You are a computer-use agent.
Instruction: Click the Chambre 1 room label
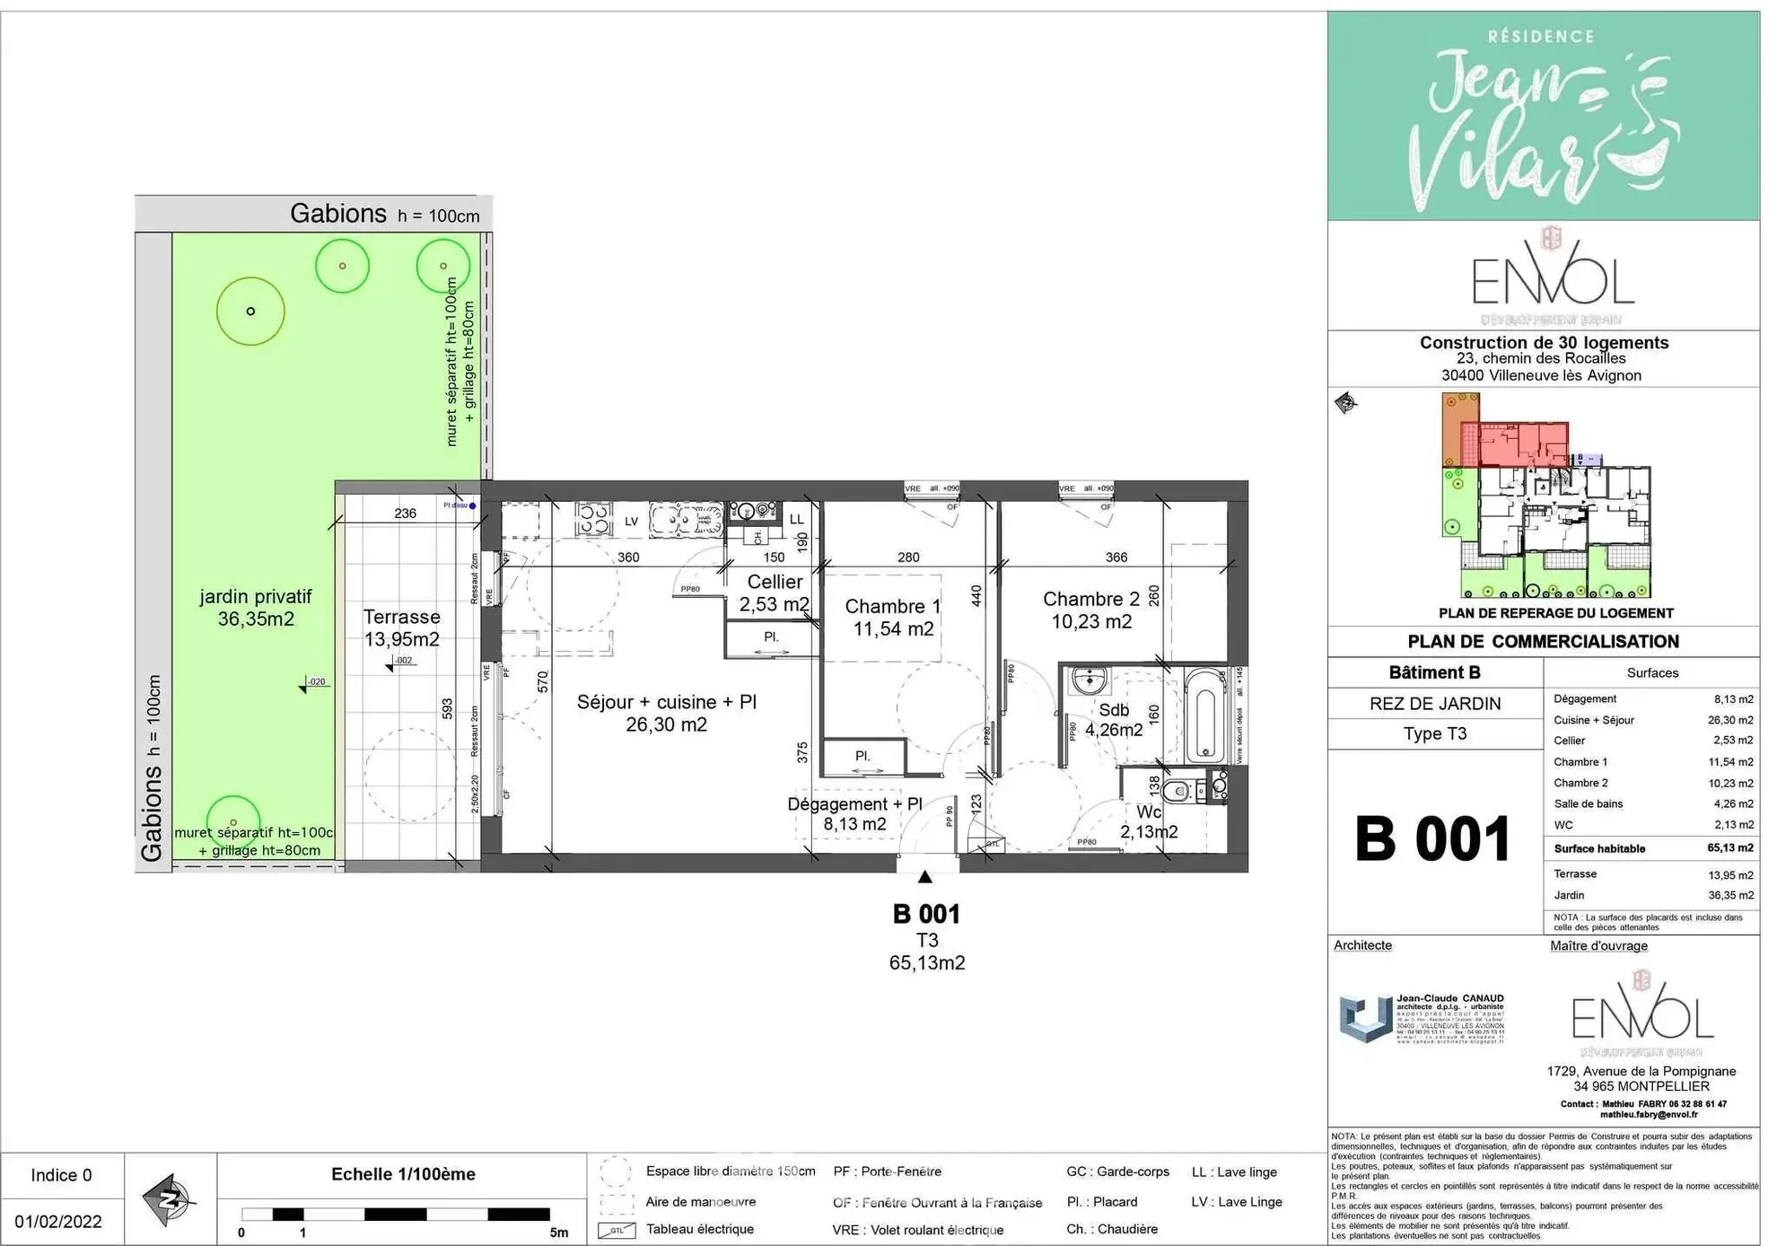(892, 618)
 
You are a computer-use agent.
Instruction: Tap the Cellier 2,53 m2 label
(774, 593)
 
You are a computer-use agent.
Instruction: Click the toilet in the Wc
(1176, 791)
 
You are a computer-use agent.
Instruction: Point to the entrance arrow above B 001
(925, 876)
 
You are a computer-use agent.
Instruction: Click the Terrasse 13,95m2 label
(401, 627)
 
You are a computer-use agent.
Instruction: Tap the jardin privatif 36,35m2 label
(256, 608)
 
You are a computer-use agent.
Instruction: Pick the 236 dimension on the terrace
(405, 513)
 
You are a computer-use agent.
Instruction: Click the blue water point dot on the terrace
(473, 505)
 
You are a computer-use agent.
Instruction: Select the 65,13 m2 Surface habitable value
(1729, 847)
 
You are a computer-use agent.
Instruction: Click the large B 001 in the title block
(1432, 840)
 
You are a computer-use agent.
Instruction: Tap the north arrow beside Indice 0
(169, 1198)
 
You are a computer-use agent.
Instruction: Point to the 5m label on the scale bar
(558, 1233)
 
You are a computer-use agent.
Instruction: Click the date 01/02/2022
(58, 1221)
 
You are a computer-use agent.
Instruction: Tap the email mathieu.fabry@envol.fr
(1648, 1114)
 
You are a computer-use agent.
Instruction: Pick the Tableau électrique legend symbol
(617, 1230)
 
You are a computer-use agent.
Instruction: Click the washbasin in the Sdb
(1089, 680)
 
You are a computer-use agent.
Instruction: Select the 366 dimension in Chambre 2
(1116, 557)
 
